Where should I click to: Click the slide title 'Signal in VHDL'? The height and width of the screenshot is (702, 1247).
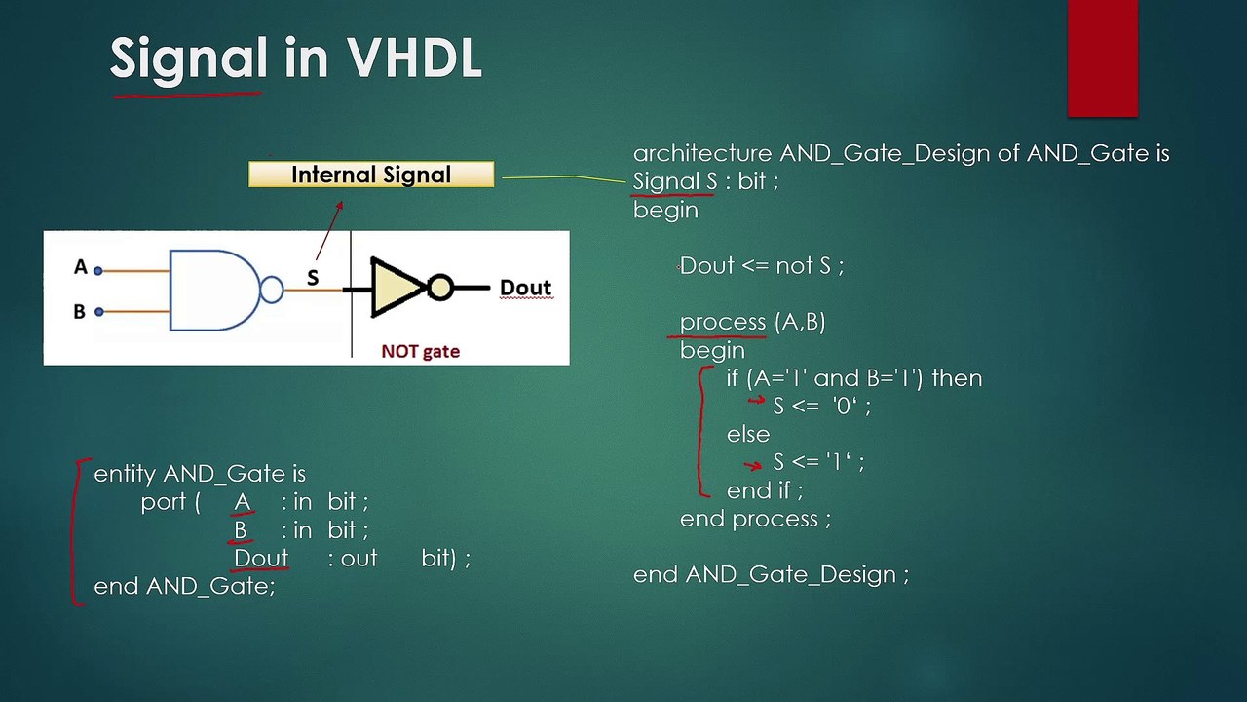pyautogui.click(x=295, y=58)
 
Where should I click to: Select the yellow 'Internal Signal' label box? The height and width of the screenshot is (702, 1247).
pyautogui.click(x=371, y=175)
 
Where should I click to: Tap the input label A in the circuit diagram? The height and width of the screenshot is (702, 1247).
pyautogui.click(x=80, y=267)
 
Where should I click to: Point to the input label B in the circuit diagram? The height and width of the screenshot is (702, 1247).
pyautogui.click(x=80, y=312)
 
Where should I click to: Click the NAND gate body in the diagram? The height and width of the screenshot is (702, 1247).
pyautogui.click(x=212, y=290)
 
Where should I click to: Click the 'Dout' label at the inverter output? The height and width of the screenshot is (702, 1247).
pyautogui.click(x=525, y=288)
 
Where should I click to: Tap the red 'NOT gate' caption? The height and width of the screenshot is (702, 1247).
pyautogui.click(x=420, y=351)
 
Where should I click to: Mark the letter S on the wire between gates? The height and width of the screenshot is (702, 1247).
pyautogui.click(x=313, y=278)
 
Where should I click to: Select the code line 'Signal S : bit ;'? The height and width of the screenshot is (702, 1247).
pyautogui.click(x=705, y=181)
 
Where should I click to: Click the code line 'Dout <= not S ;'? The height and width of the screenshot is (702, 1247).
pyautogui.click(x=761, y=265)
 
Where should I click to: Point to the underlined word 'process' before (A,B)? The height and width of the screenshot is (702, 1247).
pyautogui.click(x=723, y=322)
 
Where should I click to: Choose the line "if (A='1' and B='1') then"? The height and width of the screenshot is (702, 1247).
pyautogui.click(x=853, y=378)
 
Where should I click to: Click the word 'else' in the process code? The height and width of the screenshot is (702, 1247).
pyautogui.click(x=747, y=434)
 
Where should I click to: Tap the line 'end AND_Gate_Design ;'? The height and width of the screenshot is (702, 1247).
pyautogui.click(x=771, y=574)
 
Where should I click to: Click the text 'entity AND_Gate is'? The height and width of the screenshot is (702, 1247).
pyautogui.click(x=200, y=474)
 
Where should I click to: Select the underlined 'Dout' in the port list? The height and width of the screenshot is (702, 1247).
pyautogui.click(x=261, y=558)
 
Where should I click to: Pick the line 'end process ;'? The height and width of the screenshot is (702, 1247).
pyautogui.click(x=755, y=519)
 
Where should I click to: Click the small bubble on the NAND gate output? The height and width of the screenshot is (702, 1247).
pyautogui.click(x=272, y=290)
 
